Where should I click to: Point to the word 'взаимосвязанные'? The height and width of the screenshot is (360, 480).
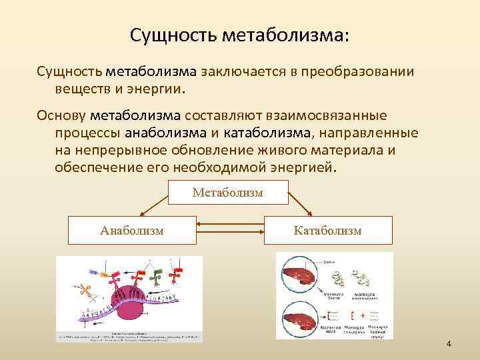[330, 116]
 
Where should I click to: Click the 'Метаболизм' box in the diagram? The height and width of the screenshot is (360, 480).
[227, 193]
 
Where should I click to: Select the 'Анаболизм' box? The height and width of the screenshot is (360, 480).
[133, 230]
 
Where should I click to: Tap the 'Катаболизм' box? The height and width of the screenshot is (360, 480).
[327, 230]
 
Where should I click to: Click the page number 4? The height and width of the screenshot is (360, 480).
[449, 344]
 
